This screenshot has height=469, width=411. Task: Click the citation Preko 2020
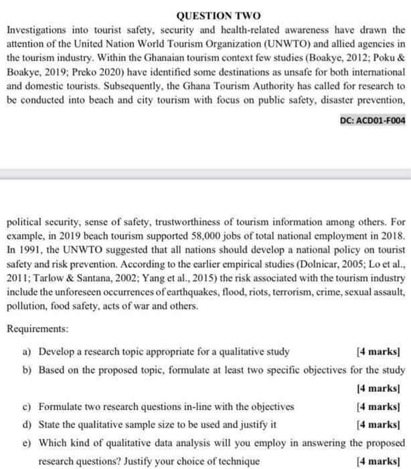point(125,86)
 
